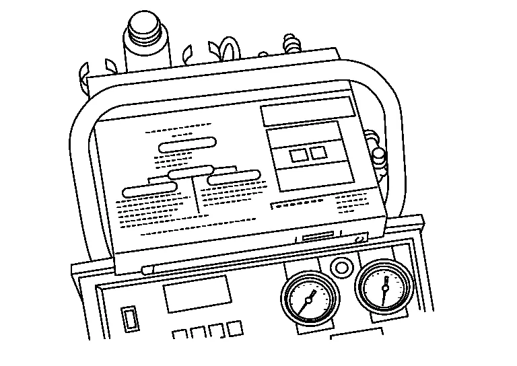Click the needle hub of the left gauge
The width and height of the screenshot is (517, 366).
(x=309, y=298)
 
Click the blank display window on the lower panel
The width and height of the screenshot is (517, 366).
(x=197, y=293)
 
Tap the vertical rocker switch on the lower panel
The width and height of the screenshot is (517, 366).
(x=129, y=317)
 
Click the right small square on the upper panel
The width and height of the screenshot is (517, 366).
(x=318, y=153)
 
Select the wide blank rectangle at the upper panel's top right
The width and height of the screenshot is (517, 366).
(x=308, y=111)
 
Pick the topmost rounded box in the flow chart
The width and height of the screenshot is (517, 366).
(x=188, y=144)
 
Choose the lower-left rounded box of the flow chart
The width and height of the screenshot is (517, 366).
(x=151, y=190)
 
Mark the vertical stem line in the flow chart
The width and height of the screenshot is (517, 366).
(x=195, y=196)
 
